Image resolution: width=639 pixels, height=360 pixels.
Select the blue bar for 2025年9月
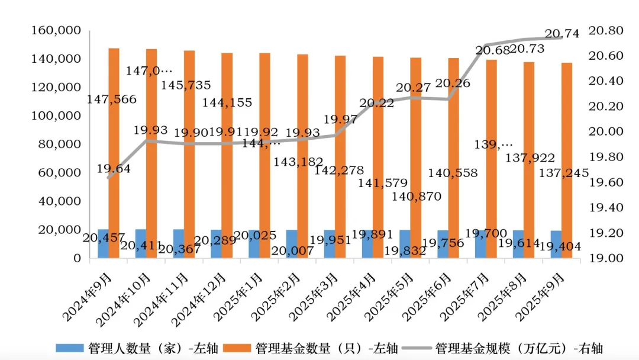coord(556,245)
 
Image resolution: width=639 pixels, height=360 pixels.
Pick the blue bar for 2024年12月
coord(217,244)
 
